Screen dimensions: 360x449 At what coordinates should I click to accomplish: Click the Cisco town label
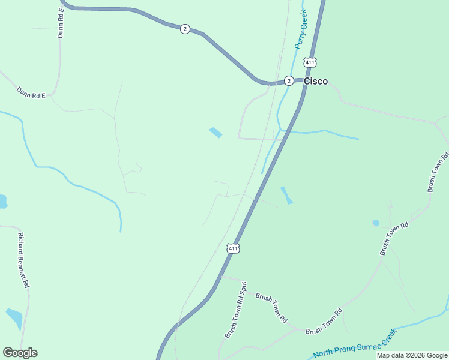(x=316, y=81)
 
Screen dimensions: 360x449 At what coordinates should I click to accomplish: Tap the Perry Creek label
(x=301, y=29)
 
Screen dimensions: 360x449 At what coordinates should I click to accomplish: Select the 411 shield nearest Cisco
(x=310, y=62)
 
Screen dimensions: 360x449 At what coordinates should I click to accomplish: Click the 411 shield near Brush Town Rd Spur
(x=234, y=248)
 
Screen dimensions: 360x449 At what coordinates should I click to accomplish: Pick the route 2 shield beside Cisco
(x=289, y=80)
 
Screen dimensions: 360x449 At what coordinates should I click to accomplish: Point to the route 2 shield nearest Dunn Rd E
(x=185, y=29)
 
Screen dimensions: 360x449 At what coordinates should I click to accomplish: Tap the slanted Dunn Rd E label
(x=31, y=92)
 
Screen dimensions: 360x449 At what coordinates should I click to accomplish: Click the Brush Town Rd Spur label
(x=236, y=310)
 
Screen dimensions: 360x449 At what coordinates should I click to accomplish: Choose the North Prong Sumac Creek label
(x=355, y=344)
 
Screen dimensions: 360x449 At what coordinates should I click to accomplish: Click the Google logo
(x=20, y=353)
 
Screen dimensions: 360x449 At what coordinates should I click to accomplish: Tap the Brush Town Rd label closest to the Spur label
(x=271, y=308)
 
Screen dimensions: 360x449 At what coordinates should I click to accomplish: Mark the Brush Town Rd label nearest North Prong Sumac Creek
(x=324, y=322)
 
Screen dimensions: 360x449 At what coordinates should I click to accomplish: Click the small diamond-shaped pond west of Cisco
(x=215, y=133)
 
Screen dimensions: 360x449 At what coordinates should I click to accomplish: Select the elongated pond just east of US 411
(x=286, y=195)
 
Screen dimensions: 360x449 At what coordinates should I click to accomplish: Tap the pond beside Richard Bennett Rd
(x=14, y=318)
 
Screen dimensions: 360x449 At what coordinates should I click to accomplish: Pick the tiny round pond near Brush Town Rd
(x=376, y=223)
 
